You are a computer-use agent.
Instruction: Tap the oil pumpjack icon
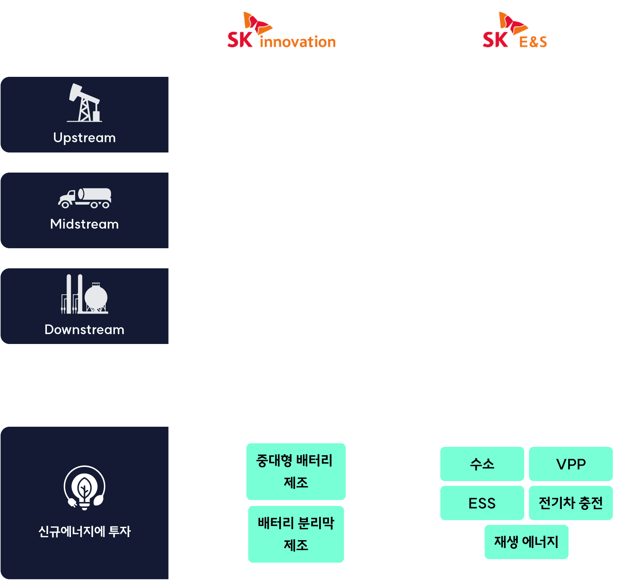[84, 103]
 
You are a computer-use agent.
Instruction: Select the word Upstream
[84, 138]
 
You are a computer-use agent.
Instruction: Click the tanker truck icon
[84, 198]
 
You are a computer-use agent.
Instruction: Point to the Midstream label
[84, 224]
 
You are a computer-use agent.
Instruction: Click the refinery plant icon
[84, 294]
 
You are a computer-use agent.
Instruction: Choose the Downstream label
[84, 329]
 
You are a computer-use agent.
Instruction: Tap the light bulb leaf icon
[84, 488]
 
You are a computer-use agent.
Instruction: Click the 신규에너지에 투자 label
[84, 531]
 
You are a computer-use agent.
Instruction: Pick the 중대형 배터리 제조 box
[296, 471]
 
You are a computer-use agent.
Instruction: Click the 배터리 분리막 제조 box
[296, 534]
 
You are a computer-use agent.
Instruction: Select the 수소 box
[482, 464]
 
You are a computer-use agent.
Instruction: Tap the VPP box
[571, 464]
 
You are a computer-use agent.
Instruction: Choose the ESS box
[482, 503]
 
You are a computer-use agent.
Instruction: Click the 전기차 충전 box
[571, 503]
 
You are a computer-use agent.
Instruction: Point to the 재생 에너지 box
[526, 542]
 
